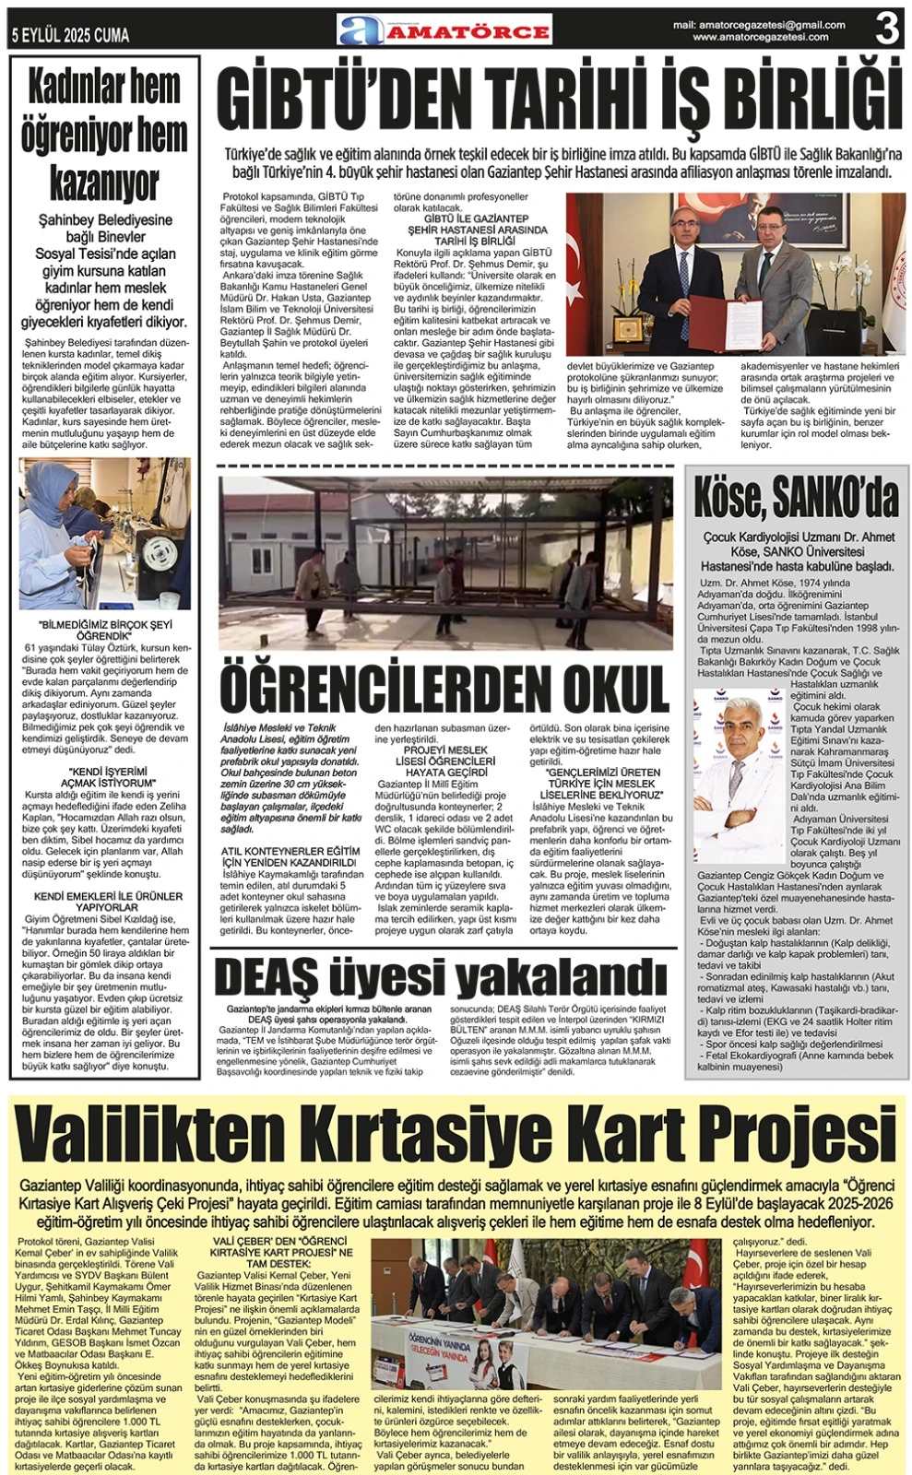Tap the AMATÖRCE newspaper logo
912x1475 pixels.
click(444, 29)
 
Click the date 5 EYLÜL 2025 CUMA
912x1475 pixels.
click(70, 36)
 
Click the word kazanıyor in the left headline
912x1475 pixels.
click(103, 183)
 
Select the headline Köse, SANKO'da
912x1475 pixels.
click(796, 500)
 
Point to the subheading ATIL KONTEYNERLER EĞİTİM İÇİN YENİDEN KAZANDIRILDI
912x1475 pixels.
click(290, 856)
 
